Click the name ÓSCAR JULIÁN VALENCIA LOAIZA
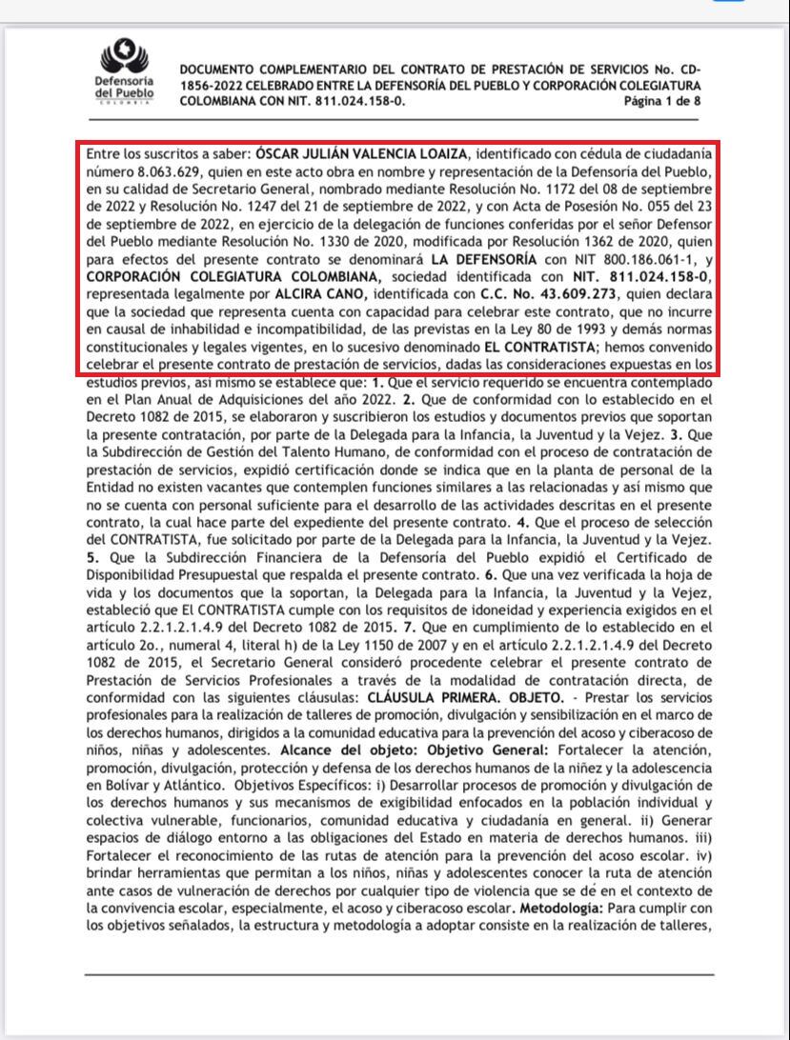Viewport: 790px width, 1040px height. tap(363, 154)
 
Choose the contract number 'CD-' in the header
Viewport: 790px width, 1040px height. tap(689, 70)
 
